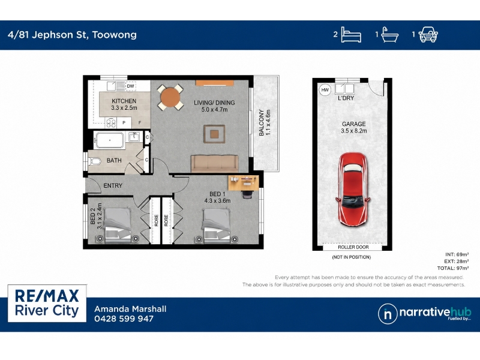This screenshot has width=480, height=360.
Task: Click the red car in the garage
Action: [353, 190]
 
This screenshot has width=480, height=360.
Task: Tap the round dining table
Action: [170, 97]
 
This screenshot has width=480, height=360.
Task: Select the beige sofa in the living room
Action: [215, 163]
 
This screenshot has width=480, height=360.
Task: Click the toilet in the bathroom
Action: [95, 161]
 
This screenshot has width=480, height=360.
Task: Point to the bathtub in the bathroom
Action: [110, 140]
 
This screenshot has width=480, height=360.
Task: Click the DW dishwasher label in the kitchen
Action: [130, 86]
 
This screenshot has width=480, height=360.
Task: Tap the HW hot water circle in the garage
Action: [325, 89]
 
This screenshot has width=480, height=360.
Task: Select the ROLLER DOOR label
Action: [353, 247]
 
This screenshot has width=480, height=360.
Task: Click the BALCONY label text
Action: [261, 122]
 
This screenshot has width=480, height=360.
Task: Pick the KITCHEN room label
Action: [124, 101]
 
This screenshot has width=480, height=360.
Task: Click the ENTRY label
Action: [113, 185]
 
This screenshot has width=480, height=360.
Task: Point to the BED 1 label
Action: [217, 194]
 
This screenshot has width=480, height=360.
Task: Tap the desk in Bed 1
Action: [244, 183]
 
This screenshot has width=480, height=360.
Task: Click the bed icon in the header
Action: [351, 35]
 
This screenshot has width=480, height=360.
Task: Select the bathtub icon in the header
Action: [389, 35]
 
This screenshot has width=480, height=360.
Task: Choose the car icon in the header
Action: [428, 35]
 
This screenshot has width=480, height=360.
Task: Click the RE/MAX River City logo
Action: [47, 303]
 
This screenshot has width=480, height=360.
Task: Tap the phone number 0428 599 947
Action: [124, 319]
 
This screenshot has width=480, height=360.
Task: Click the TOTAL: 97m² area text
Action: [453, 268]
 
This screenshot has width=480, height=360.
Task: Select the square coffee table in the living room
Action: [214, 134]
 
